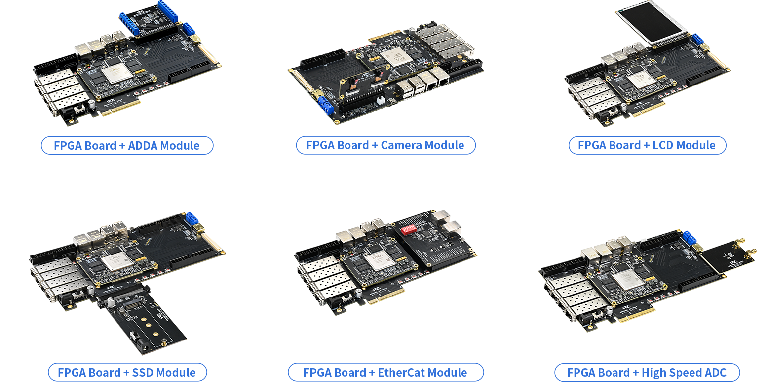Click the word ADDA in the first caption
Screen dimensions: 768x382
145,146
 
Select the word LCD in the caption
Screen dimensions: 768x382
663,145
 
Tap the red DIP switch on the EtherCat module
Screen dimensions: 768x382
409,229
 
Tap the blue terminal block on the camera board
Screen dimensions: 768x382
326,105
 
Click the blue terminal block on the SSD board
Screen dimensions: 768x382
192,218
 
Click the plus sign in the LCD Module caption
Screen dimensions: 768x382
647,146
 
